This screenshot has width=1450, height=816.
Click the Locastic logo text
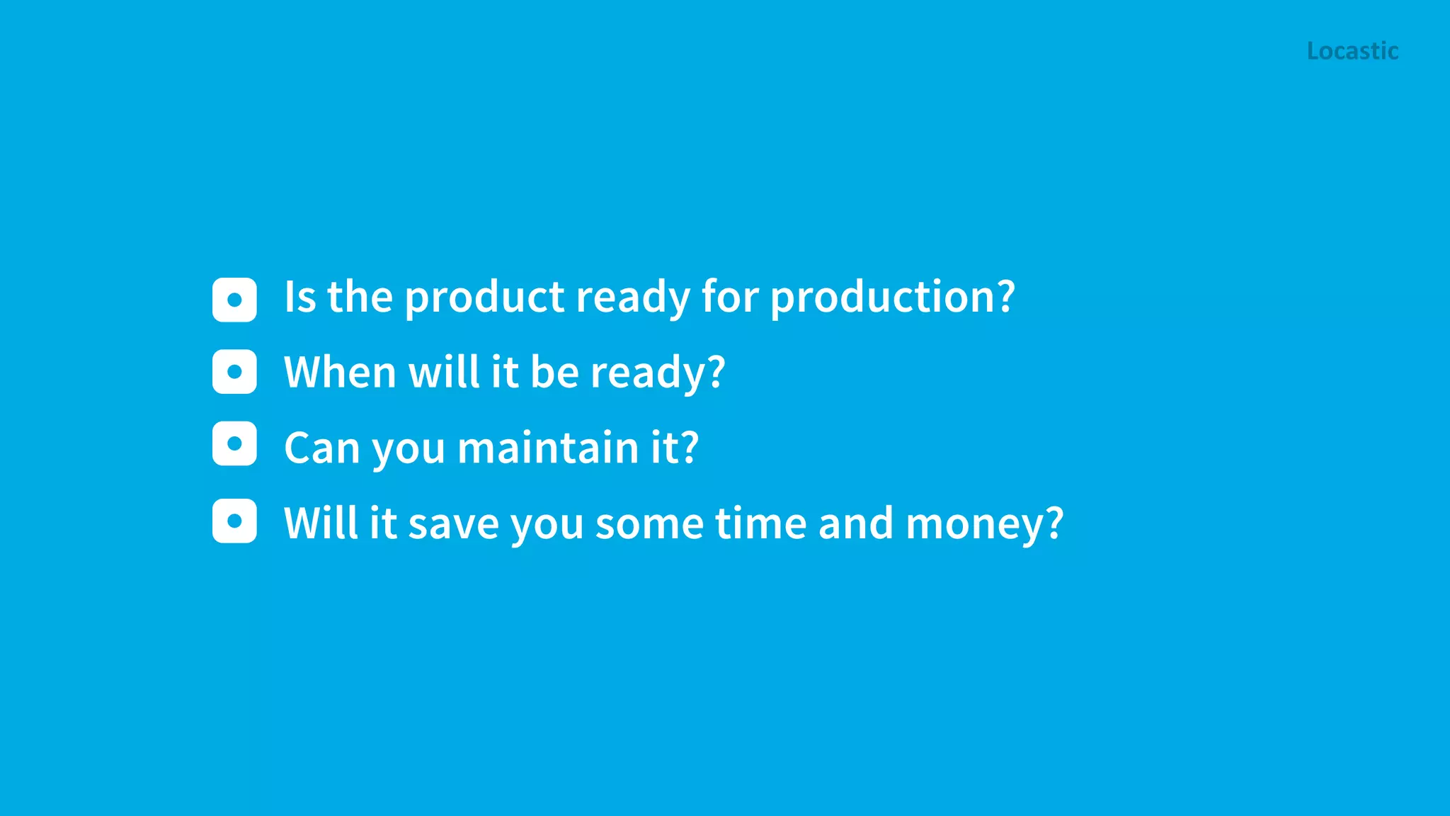point(1352,51)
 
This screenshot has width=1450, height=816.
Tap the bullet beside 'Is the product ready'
point(234,300)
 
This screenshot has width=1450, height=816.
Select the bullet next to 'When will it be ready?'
point(234,372)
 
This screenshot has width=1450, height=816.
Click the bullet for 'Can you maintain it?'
point(234,444)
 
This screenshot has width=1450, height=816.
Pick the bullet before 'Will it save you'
point(234,521)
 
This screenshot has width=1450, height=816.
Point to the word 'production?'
point(892,297)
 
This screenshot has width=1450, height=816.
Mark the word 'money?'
point(984,523)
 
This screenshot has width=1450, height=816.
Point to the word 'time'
point(760,523)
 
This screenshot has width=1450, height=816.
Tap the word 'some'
point(649,523)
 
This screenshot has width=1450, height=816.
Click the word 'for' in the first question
point(730,297)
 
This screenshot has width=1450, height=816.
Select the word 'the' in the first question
point(360,297)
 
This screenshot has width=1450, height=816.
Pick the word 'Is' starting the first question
point(299,297)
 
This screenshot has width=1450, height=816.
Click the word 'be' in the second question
point(555,372)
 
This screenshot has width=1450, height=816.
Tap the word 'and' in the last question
point(855,523)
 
